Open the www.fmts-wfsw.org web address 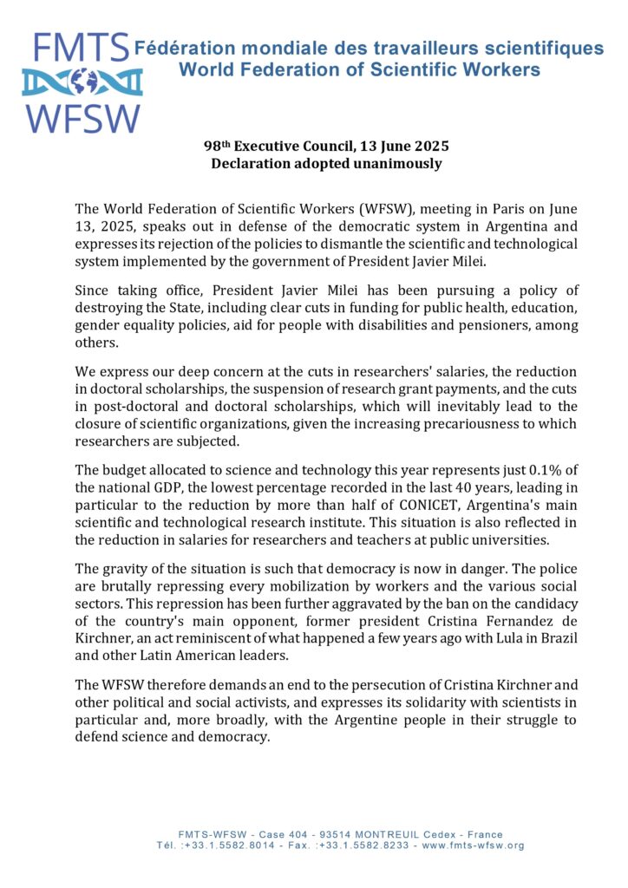(x=472, y=845)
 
